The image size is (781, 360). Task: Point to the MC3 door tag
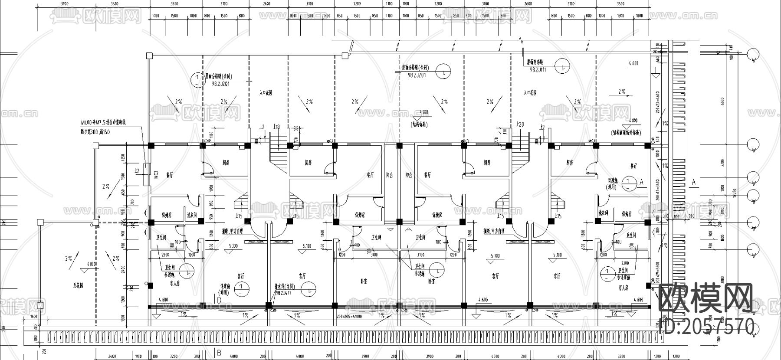pyautogui.click(x=155, y=175)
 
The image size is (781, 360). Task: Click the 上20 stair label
pyautogui.click(x=520, y=125)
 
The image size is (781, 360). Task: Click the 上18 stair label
pyautogui.click(x=276, y=127)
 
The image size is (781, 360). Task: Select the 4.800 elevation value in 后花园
pyautogui.click(x=92, y=264)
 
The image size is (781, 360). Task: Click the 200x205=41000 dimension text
pyautogui.click(x=349, y=317)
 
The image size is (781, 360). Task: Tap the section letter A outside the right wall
pyautogui.click(x=693, y=183)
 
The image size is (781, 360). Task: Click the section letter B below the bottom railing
pyautogui.click(x=219, y=352)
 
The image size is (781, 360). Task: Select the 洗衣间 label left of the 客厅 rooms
pyautogui.click(x=192, y=215)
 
